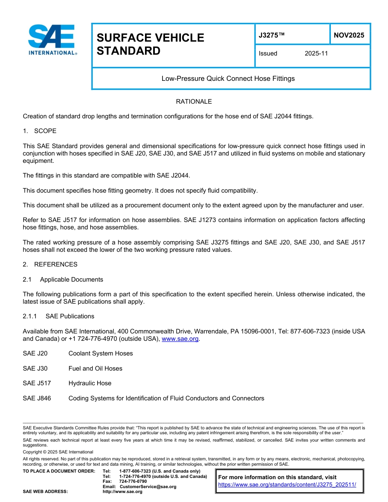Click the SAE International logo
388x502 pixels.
coord(52,40)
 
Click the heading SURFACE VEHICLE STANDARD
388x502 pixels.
coord(150,44)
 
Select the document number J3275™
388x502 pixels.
coord(271,35)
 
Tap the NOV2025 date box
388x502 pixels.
coord(349,35)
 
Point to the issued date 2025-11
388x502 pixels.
coord(316,53)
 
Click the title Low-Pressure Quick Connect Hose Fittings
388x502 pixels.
coord(228,78)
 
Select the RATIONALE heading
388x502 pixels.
coord(194,101)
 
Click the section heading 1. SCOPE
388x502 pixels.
coord(40,131)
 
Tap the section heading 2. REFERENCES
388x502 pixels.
coord(50,264)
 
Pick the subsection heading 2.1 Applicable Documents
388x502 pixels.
coord(63,280)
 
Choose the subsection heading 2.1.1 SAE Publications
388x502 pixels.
coord(58,316)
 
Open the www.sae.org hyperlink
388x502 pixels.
coord(180,339)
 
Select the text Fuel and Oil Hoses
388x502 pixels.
coord(95,369)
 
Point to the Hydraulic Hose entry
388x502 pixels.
coord(90,383)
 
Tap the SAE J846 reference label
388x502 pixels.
coord(37,398)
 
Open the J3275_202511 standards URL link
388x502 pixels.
coord(287,484)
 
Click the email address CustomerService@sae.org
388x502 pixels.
coord(148,486)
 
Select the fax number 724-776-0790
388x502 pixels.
coord(133,482)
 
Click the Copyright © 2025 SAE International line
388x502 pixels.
coord(58,452)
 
